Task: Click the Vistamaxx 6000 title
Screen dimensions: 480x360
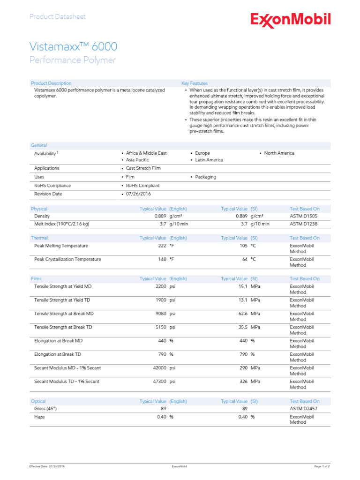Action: (73, 47)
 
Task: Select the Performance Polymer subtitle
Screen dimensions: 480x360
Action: (72, 60)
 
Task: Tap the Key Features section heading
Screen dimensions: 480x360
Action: (195, 83)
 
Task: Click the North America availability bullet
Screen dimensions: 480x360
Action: (279, 153)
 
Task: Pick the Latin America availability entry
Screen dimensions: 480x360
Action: (209, 160)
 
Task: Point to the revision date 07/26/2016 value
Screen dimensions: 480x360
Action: (138, 194)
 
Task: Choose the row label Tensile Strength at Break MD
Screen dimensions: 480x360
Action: (64, 314)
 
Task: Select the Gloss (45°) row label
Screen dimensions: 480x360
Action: (46, 409)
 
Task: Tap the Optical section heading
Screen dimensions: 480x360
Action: (38, 401)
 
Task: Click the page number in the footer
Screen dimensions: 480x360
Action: (322, 467)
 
